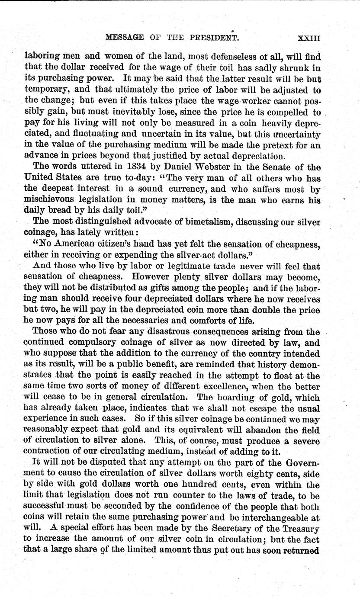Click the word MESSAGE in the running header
tap(124, 38)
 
